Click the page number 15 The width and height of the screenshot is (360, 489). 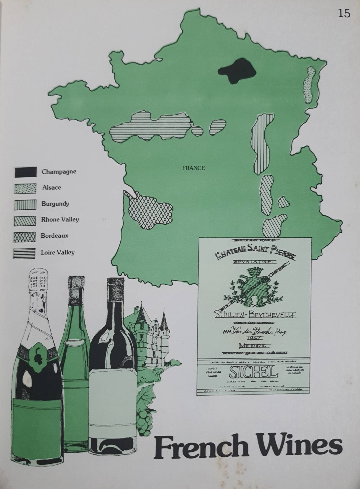(x=344, y=13)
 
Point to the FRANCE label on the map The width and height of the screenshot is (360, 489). (x=193, y=168)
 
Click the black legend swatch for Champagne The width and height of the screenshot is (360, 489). (x=25, y=172)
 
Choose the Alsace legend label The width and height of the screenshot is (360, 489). (x=52, y=187)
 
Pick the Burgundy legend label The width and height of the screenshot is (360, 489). (x=55, y=203)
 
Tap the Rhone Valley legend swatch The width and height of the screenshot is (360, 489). (x=25, y=221)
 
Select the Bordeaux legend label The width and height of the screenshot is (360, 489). (x=54, y=236)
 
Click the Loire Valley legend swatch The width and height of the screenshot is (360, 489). (x=25, y=253)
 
